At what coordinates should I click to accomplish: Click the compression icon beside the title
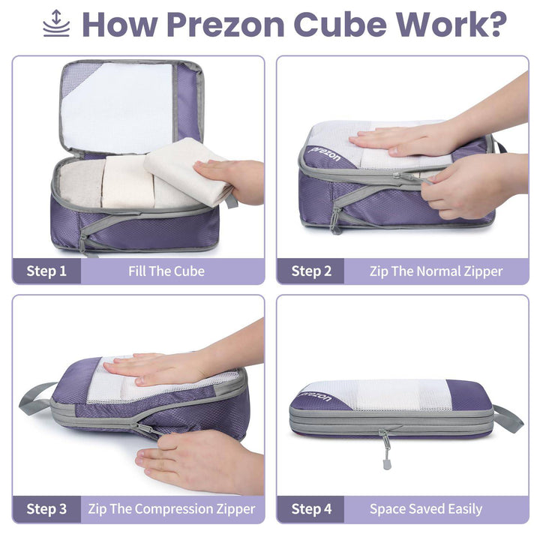click(56, 24)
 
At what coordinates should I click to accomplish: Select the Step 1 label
click(46, 271)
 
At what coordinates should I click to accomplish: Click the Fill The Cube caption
click(166, 271)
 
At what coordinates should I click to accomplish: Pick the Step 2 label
click(311, 271)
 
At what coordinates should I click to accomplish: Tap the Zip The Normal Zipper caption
click(436, 271)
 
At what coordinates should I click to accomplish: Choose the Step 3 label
click(46, 509)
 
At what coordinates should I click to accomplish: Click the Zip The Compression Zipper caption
click(172, 509)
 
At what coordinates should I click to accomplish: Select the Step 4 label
click(311, 509)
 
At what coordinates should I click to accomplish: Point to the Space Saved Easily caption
click(425, 509)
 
